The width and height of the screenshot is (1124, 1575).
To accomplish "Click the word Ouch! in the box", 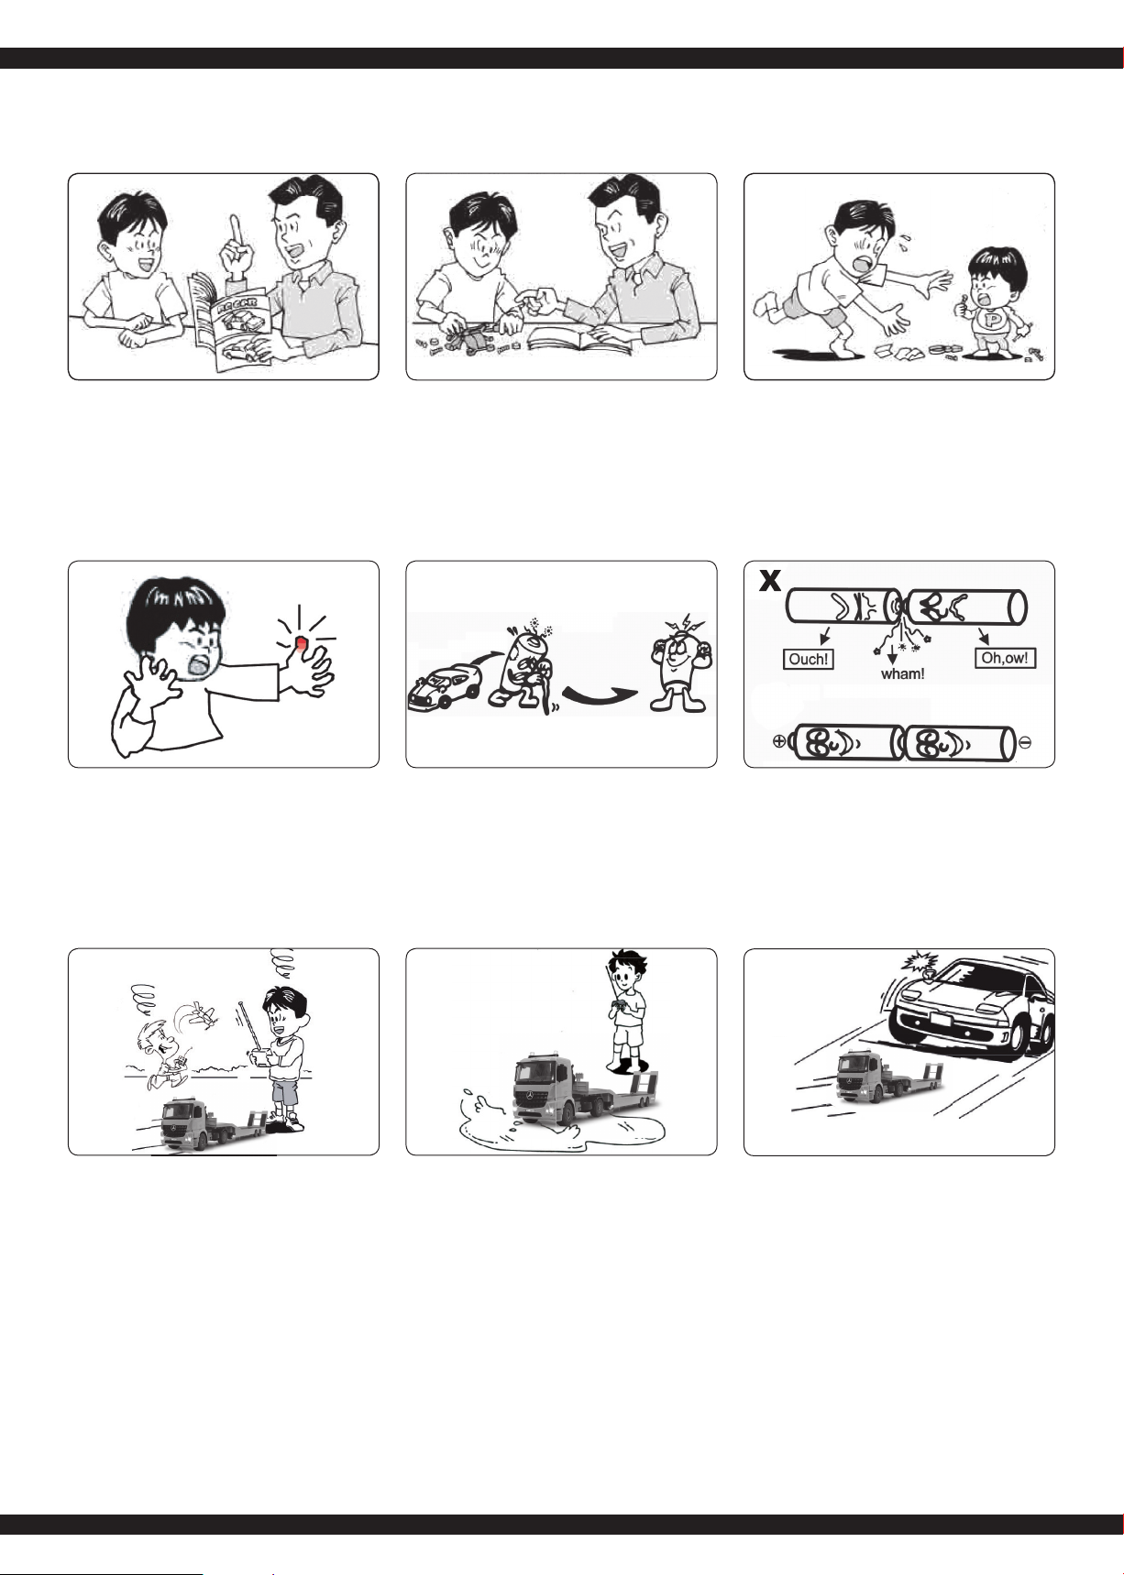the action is click(809, 659).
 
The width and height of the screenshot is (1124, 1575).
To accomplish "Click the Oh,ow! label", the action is click(1005, 658).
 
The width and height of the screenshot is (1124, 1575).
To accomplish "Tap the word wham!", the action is click(902, 673).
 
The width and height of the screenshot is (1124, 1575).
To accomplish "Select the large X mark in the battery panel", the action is click(770, 581).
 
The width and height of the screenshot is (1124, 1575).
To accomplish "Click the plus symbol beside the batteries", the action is click(779, 742).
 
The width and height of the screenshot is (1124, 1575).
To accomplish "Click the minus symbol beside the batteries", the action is click(1025, 742).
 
